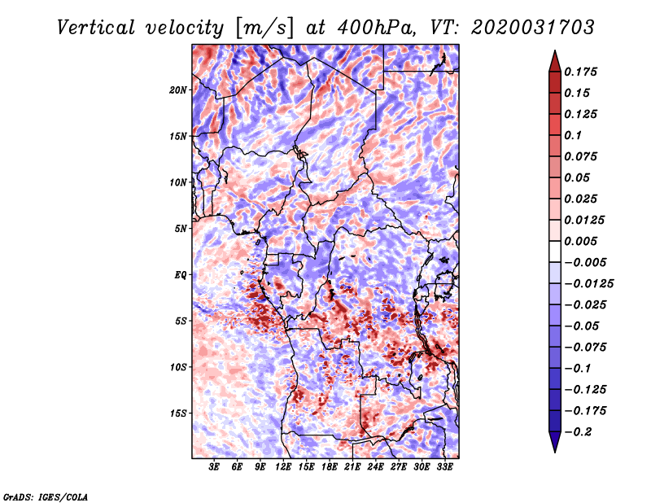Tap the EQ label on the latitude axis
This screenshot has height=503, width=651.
(x=181, y=275)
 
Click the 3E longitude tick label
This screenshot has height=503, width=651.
(x=214, y=467)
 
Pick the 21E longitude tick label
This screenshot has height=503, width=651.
(x=352, y=467)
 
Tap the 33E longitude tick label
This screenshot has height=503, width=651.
(x=444, y=467)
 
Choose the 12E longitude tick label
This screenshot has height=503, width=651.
(x=283, y=467)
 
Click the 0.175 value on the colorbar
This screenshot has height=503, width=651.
(x=583, y=72)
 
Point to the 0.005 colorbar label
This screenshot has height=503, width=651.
(x=583, y=241)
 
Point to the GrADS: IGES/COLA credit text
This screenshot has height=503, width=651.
(x=46, y=496)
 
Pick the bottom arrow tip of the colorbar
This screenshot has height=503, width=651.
(x=553, y=450)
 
